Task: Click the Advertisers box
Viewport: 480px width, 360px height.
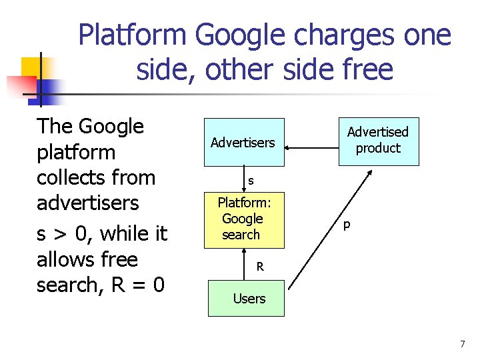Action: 243,142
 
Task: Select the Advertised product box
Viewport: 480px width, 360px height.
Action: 378,140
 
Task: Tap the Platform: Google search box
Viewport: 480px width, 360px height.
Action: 242,219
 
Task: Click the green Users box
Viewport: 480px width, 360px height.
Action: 249,298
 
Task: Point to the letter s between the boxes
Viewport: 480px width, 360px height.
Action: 251,180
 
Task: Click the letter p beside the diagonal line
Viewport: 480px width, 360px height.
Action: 347,225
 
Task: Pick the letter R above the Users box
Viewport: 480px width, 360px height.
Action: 260,267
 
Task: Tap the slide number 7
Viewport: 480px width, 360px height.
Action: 462,344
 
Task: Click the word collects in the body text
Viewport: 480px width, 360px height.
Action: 87,177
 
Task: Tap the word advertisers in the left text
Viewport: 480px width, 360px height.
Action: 87,203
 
